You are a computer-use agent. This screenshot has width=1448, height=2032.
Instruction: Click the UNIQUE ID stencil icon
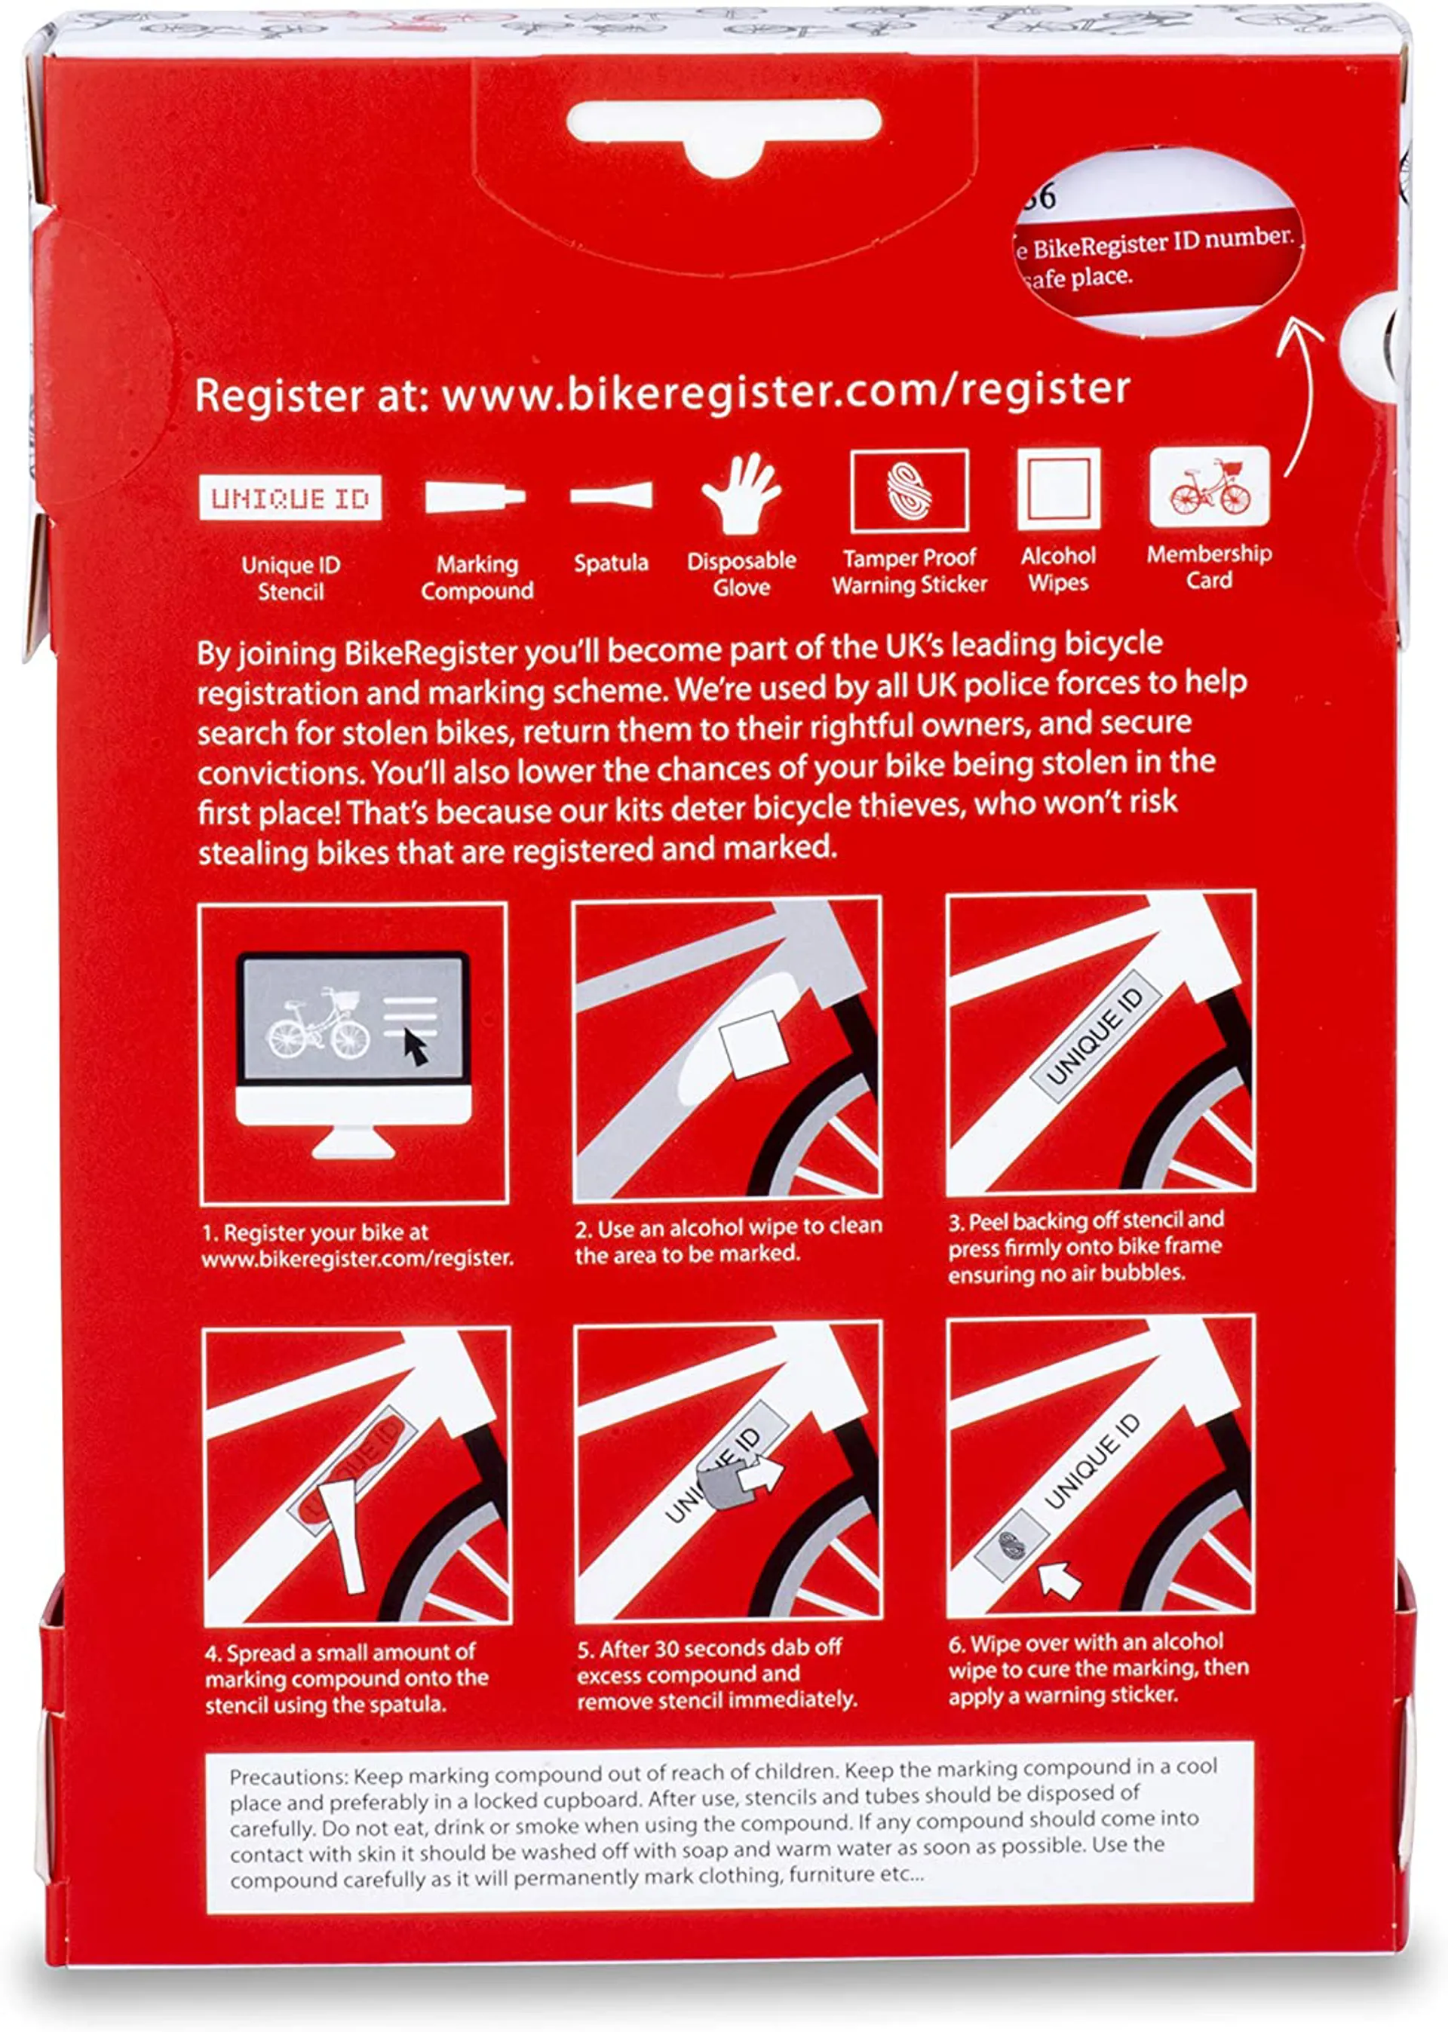pos(290,498)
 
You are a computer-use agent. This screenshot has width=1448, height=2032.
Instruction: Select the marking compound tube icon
pos(474,496)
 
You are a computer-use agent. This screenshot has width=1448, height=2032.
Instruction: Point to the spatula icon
pos(612,494)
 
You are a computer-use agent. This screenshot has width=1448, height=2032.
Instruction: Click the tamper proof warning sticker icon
pos(910,491)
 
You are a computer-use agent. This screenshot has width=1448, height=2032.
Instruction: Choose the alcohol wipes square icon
pos(1058,489)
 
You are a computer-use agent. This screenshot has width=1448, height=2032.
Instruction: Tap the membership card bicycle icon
pos(1209,487)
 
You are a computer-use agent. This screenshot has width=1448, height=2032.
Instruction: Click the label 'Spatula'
pos(611,563)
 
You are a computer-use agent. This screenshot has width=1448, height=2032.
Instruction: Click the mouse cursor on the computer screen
pos(416,1046)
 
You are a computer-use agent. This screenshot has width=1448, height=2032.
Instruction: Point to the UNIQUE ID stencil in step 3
pos(1095,1037)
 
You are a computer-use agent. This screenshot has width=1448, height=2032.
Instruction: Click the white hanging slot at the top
pos(724,133)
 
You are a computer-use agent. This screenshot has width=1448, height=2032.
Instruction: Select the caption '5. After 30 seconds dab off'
pos(710,1649)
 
